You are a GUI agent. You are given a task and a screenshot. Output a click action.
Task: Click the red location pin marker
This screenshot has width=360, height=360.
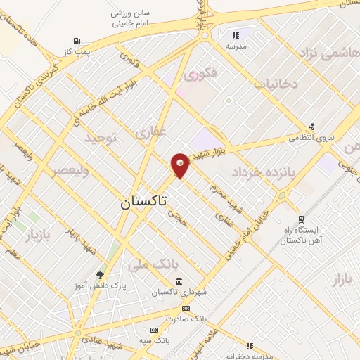coord(180,165)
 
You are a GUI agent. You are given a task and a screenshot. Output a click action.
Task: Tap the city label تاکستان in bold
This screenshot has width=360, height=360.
coord(143,202)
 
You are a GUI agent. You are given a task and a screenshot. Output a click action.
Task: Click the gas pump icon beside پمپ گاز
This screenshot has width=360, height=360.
coord(76,41)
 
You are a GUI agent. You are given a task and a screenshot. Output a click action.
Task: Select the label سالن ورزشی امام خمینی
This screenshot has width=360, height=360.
coord(131,18)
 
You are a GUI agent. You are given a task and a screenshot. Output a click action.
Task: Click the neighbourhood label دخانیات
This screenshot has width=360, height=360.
coord(276,84)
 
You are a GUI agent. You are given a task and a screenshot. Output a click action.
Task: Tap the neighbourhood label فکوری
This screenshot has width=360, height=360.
coord(201,72)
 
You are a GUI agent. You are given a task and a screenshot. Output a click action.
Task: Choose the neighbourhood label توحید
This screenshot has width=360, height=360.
coord(100,137)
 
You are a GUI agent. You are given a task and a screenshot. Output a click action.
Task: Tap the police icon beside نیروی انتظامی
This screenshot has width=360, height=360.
coord(311,127)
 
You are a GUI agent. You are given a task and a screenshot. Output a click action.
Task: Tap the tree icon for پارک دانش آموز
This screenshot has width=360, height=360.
coord(100,275)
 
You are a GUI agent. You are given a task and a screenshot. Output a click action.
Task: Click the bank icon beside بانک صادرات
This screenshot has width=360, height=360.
coord(185,308)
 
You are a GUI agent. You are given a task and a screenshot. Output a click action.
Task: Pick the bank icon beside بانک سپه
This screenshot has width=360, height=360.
coord(154,330)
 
